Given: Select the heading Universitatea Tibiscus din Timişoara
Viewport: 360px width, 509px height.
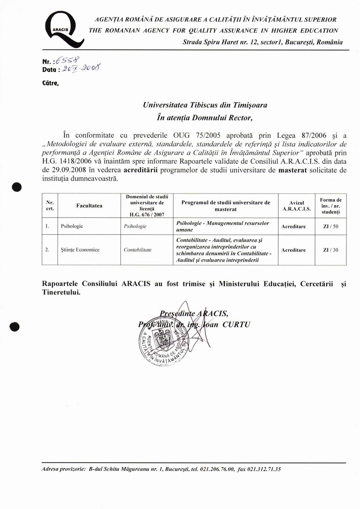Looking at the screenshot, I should pos(205,105).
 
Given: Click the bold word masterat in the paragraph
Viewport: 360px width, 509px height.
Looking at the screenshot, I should pos(293,170).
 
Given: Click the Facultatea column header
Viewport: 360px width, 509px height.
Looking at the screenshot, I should pos(89,206).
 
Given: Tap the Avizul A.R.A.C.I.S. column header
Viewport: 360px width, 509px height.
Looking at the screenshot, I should pos(296,206).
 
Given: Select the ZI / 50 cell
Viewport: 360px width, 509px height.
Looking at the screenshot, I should pos(330,227).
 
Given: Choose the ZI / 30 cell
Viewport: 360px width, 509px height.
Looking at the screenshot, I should pos(330,250).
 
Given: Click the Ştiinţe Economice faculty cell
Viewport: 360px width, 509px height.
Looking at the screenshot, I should pos(80,250).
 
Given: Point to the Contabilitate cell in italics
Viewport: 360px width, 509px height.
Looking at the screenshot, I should pos(138,250).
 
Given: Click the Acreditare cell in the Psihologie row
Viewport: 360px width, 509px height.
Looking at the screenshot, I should pos(293,227).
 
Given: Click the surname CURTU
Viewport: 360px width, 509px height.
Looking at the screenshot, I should pos(236,324).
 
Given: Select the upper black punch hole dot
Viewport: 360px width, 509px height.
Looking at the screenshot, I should pos(16,187).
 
